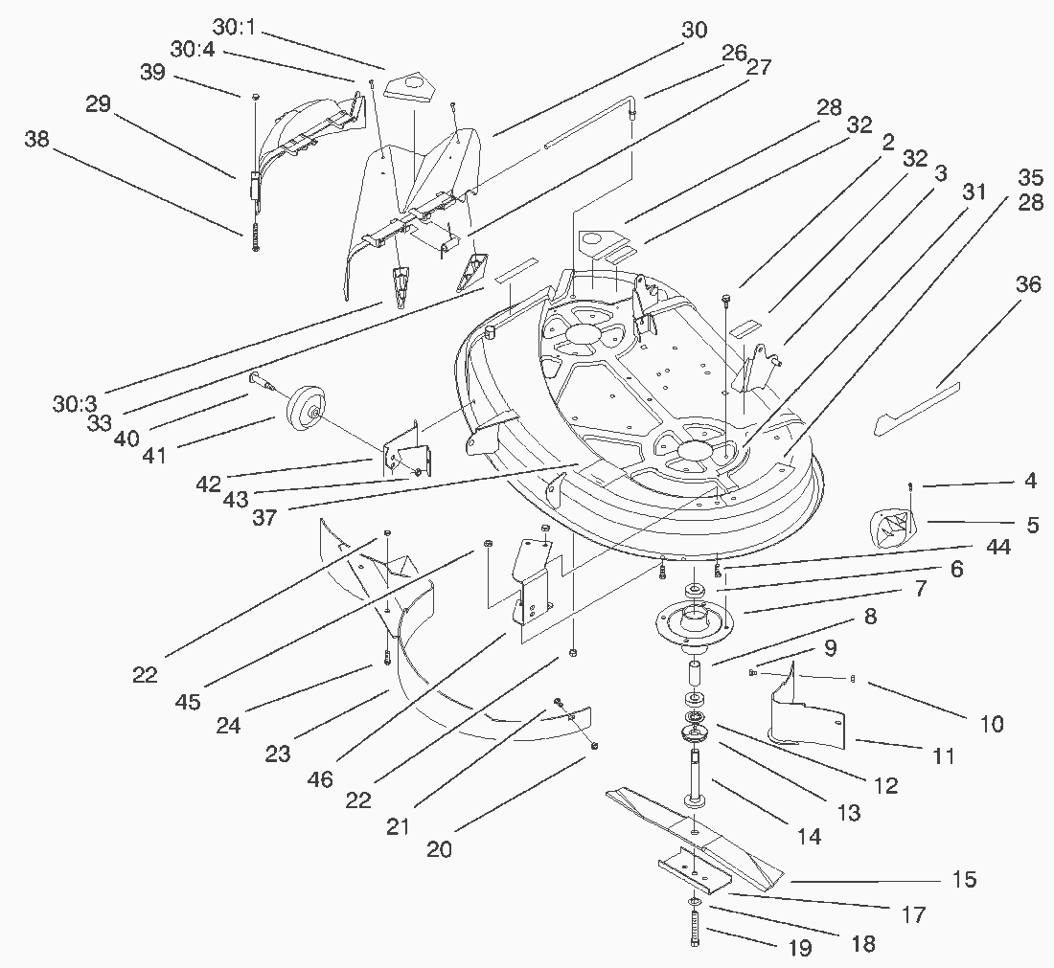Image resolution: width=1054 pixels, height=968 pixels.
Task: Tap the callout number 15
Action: pos(963,879)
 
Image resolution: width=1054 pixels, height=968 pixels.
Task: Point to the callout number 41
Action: pos(154,455)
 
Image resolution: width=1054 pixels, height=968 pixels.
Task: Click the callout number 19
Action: pos(798,948)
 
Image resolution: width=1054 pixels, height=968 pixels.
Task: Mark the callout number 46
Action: pos(320,779)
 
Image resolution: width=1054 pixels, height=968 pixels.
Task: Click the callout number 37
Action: pos(264,517)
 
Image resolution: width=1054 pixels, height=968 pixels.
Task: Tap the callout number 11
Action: pos(944,756)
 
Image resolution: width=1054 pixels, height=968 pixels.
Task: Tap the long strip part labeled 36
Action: pos(918,406)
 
